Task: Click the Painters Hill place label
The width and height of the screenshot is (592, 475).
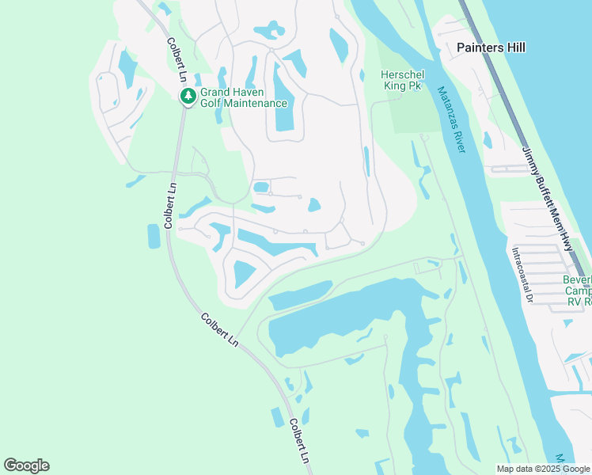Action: (x=491, y=47)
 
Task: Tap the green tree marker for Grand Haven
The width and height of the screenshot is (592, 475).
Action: (x=188, y=97)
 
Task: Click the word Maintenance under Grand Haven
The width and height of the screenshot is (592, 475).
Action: (x=252, y=104)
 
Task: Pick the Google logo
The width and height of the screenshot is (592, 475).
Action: (x=26, y=465)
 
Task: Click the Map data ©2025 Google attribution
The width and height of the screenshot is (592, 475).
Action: (x=543, y=469)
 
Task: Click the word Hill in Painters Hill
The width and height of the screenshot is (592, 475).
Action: (x=514, y=47)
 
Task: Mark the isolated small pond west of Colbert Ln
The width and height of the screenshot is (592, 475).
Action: (x=154, y=236)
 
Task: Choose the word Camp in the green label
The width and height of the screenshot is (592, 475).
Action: (x=579, y=291)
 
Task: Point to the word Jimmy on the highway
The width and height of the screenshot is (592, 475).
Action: (x=530, y=159)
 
